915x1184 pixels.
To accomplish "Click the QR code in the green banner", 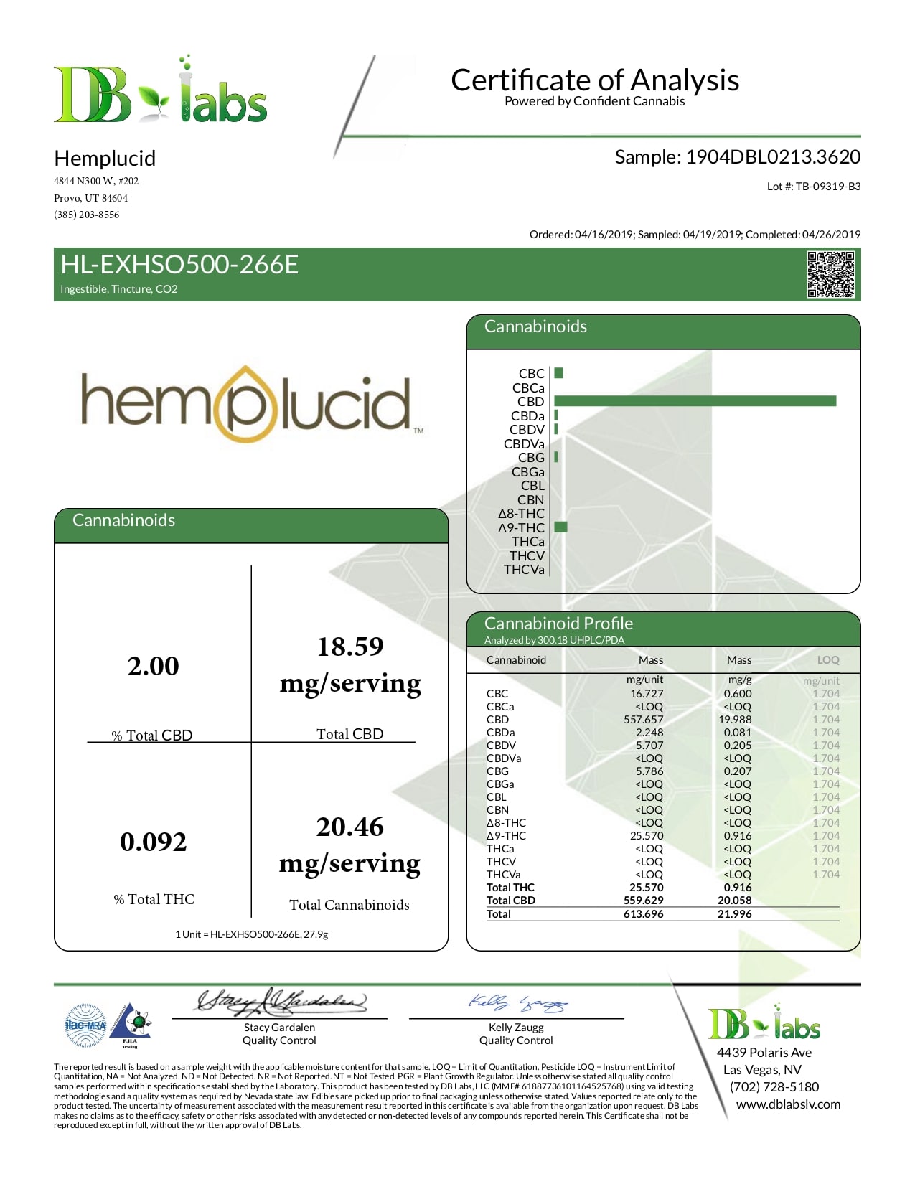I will [830, 274].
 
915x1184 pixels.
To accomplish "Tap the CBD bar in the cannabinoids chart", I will [695, 401].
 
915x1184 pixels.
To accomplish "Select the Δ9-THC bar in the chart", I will [560, 527].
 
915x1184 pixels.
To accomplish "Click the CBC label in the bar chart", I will [531, 374].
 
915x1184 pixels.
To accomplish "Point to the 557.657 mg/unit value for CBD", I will [643, 720].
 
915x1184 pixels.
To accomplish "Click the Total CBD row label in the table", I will [510, 901].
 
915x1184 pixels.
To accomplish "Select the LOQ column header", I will [827, 660].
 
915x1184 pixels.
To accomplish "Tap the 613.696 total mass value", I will [643, 914].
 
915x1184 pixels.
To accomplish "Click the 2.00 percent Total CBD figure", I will [153, 666].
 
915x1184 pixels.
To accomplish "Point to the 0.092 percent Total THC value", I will [153, 842].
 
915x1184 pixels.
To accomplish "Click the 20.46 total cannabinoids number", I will [349, 827].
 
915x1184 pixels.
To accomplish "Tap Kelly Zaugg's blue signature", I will [517, 1003].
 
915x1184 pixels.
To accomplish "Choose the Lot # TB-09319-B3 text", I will [813, 187].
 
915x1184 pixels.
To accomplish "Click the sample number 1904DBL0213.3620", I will [772, 157].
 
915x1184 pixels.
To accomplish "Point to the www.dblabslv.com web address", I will [788, 1104].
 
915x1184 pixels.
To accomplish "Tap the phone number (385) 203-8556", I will [87, 215].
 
